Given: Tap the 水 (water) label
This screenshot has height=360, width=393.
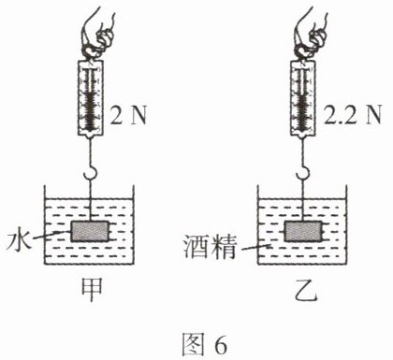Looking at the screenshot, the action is (19, 239).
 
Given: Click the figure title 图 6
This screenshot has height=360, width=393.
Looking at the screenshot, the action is (204, 344).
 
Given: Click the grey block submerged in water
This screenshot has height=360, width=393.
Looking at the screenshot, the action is (90, 231).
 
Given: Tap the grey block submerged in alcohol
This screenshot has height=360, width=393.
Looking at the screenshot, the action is (303, 231).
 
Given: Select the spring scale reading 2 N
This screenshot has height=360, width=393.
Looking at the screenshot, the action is (91, 98).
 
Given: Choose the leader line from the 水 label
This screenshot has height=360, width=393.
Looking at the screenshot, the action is (51, 236).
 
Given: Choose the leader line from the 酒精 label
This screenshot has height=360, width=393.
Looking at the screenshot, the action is (256, 248).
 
